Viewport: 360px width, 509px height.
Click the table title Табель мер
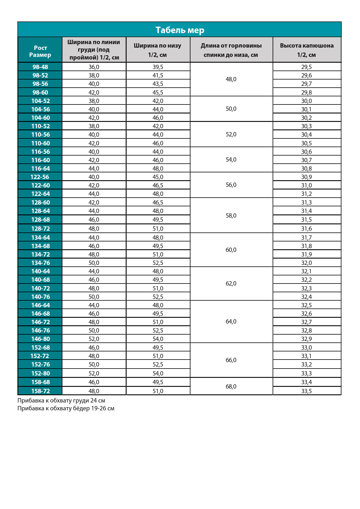pos(180,30)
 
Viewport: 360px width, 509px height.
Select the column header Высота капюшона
pos(307,50)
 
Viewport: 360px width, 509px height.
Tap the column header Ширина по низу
pos(158,50)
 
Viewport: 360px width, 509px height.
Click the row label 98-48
pos(40,67)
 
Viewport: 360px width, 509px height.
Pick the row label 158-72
pos(40,391)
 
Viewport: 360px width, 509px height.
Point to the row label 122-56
pos(40,177)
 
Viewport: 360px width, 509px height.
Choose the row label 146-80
pos(40,339)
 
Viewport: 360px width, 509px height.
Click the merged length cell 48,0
pos(231,79)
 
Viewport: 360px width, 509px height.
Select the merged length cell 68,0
pos(231,386)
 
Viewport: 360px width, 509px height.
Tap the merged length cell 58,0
pos(231,215)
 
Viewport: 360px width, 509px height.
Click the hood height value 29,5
pos(307,67)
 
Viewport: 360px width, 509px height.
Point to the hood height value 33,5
pos(307,391)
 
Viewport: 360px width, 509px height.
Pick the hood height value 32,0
pos(307,263)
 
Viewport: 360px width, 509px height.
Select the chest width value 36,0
pos(94,67)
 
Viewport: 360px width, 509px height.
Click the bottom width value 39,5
pos(158,67)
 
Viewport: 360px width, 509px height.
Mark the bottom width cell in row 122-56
pos(158,177)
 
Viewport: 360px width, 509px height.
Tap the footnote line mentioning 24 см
pos(61,400)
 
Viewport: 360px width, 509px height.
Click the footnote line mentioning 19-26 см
pos(66,408)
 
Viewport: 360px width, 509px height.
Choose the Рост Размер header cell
pos(40,51)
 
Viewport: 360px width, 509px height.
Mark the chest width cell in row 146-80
pos(94,339)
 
